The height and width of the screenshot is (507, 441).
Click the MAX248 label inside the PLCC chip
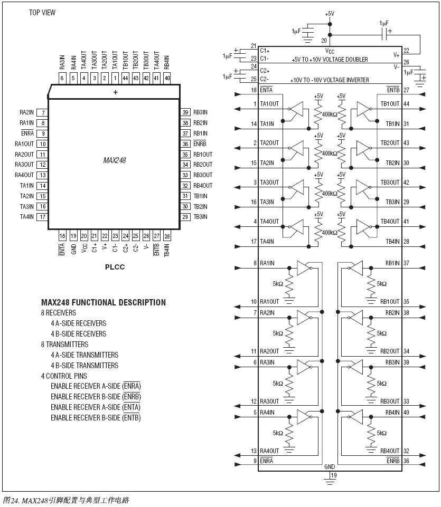click(115, 159)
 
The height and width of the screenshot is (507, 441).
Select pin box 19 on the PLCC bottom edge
click(73, 236)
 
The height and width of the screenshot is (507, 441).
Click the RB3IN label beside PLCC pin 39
click(200, 112)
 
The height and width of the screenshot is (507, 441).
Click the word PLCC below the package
click(115, 267)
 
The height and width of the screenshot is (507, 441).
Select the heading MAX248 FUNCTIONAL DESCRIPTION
click(104, 303)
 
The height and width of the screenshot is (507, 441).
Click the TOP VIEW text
click(42, 13)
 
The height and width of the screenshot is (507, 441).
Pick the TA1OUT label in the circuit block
click(270, 104)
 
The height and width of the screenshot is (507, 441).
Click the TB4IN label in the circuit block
click(392, 241)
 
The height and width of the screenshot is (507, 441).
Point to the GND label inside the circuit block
click(330, 467)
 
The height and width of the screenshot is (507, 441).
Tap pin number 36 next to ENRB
click(406, 461)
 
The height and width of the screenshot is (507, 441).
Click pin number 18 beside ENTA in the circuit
click(254, 90)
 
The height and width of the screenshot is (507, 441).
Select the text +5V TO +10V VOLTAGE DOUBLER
click(330, 60)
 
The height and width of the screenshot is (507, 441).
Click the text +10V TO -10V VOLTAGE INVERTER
click(330, 80)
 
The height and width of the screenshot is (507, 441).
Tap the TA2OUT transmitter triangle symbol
click(298, 148)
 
